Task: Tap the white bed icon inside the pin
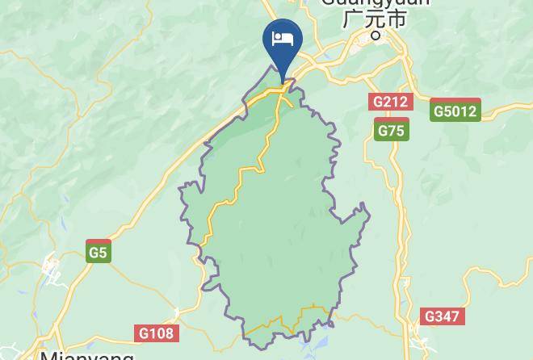283,39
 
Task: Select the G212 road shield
391,102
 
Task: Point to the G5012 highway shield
455,110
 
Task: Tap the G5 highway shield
98,251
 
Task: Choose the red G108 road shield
156,333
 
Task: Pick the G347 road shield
442,316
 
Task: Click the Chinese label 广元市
374,19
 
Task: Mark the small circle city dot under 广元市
375,36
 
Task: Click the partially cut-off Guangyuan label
375,3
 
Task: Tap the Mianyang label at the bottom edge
86,355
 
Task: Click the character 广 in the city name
352,19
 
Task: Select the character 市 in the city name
397,19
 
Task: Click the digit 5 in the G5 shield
102,253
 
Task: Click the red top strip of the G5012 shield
455,101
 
